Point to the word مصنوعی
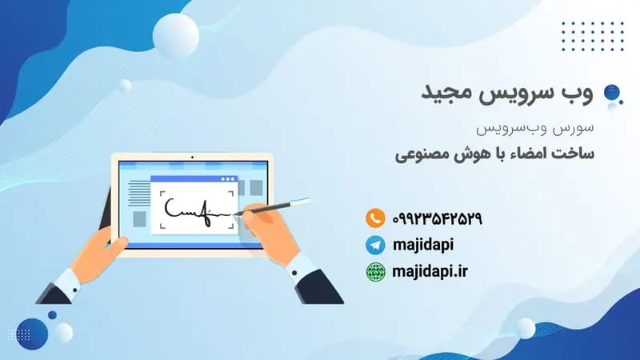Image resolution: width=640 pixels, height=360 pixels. [425, 151]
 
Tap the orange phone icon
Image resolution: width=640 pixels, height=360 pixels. [375, 218]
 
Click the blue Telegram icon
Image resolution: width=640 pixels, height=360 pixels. [375, 245]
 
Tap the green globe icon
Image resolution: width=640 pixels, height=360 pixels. [375, 272]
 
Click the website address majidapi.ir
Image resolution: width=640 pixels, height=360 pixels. [430, 272]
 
